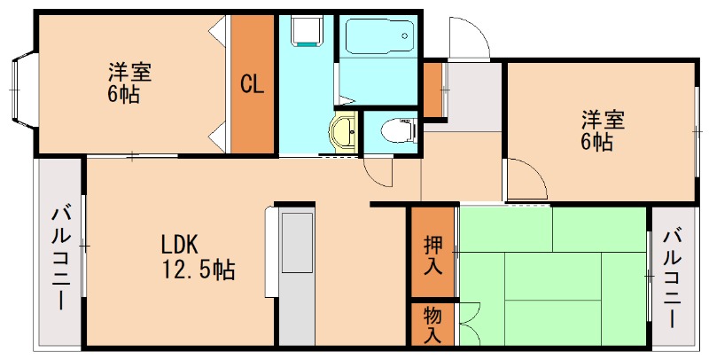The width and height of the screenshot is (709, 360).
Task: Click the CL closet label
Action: (x=253, y=85)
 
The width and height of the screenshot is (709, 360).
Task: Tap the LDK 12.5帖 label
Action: (x=197, y=257)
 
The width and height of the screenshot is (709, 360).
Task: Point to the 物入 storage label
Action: (x=432, y=325)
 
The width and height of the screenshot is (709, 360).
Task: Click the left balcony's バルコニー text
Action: (x=60, y=257)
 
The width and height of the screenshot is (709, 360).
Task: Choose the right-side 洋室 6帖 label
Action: (x=596, y=129)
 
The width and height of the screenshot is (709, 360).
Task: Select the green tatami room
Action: (x=549, y=275)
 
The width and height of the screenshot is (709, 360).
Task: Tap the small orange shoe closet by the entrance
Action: (x=432, y=90)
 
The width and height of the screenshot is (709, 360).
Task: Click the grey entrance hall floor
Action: (x=474, y=93)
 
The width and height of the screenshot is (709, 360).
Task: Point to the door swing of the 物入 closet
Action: (x=469, y=323)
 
